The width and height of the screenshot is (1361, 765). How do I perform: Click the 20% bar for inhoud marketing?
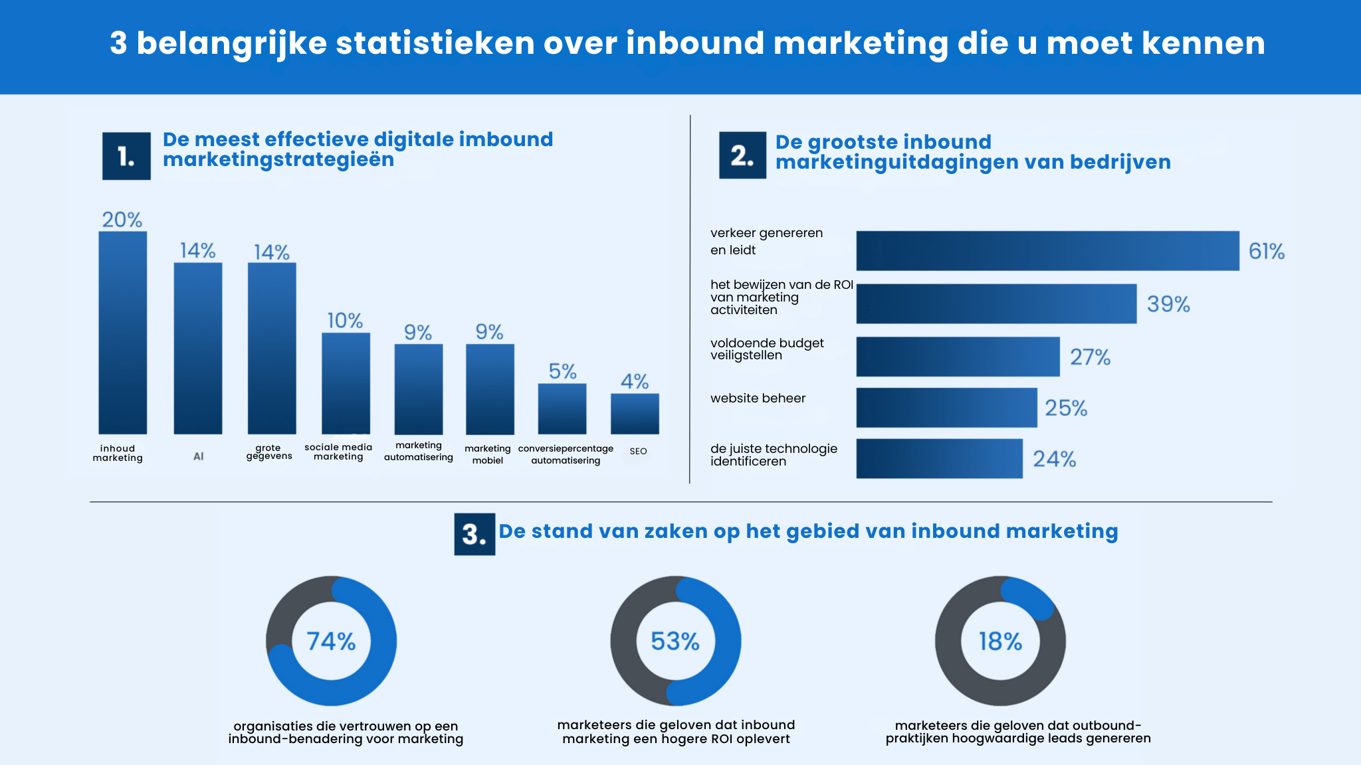coord(123,332)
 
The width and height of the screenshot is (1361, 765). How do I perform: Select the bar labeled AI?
coord(198,348)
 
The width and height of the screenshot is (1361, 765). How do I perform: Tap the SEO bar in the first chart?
coord(635,414)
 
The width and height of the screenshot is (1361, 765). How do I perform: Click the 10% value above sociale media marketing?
coord(345,321)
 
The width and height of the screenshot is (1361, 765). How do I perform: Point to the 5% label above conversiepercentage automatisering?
coord(562,371)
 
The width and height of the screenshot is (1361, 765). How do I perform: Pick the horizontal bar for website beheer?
coord(946,408)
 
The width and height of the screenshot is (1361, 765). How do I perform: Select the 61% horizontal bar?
coord(1047,251)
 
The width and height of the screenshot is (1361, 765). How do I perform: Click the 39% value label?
coord(1168,304)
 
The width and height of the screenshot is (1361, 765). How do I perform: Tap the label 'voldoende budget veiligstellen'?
coord(766,349)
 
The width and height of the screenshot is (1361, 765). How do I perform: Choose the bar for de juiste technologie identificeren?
coord(938,459)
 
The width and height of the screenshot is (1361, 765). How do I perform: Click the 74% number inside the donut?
coord(331,641)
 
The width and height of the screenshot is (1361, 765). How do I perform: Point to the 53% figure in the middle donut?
coord(675,641)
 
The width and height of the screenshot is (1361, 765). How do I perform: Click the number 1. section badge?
coord(126,156)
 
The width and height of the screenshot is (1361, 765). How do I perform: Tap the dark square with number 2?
coord(742,155)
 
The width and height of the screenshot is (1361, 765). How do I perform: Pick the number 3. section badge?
coord(474,534)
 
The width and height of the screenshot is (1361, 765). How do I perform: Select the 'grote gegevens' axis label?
coord(269,452)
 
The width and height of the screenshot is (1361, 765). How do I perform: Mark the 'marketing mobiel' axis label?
coord(488,454)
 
